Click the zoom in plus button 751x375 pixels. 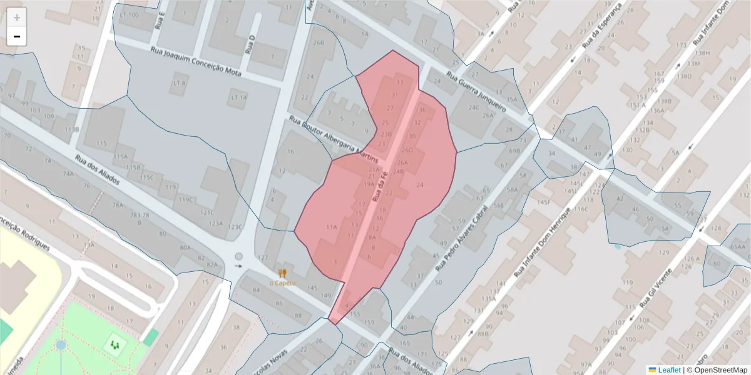pyautogui.click(x=17, y=17)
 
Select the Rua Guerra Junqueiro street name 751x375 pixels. pyautogui.click(x=476, y=91)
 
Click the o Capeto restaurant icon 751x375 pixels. pyautogui.click(x=282, y=273)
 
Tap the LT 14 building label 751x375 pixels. pyautogui.click(x=239, y=97)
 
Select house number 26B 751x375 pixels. pyautogui.click(x=319, y=43)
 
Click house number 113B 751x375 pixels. pyautogui.click(x=72, y=129)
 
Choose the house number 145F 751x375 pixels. pyautogui.click(x=543, y=202)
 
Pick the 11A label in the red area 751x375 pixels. pyautogui.click(x=332, y=226)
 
